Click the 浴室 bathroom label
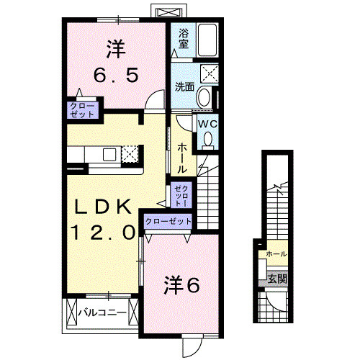pyautogui.click(x=183, y=38)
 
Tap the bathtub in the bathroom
pyautogui.click(x=207, y=40)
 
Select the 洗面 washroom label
pyautogui.click(x=184, y=87)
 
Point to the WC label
pyautogui.click(x=207, y=123)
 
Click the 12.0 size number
pyautogui.click(x=103, y=233)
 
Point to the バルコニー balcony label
pyautogui.click(x=102, y=312)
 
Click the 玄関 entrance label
pyautogui.click(x=277, y=279)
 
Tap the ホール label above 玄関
pyautogui.click(x=276, y=254)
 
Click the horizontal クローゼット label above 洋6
pyautogui.click(x=168, y=222)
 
